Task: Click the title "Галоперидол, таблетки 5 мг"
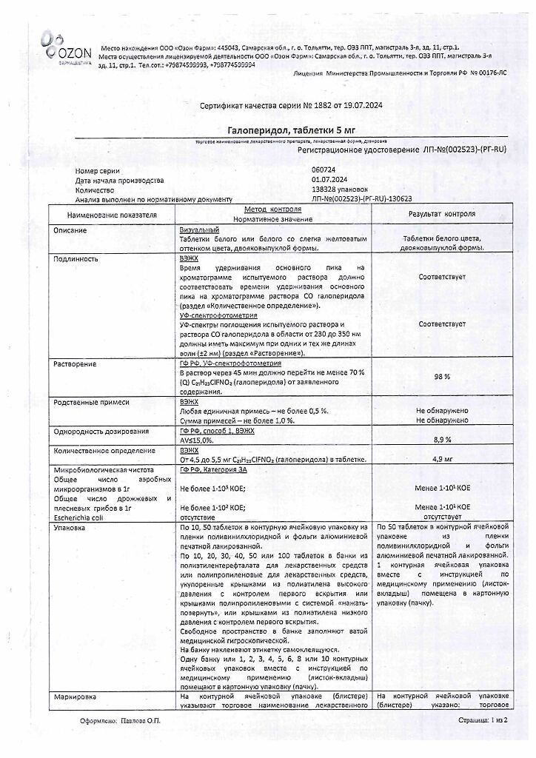pos(267,130)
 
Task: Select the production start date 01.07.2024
pos(331,180)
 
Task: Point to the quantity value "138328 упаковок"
pos(340,189)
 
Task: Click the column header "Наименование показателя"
pos(113,215)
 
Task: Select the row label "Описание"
pos(70,231)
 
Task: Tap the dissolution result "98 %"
pos(443,376)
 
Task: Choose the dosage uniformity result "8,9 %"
pos(443,439)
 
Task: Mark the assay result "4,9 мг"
pos(443,459)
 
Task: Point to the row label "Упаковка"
pos(70,529)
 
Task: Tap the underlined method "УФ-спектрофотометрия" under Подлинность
pos(218,315)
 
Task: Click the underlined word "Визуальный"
pos(199,231)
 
